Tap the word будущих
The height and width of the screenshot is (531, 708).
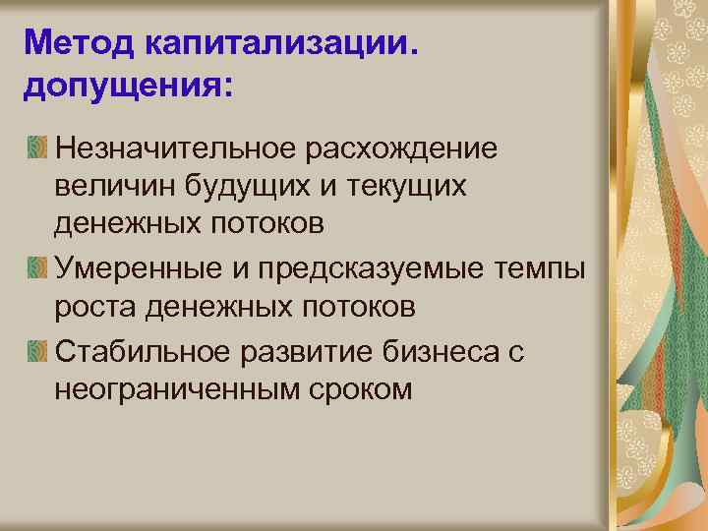coord(244,187)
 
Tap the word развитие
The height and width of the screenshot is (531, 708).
coord(307,350)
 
